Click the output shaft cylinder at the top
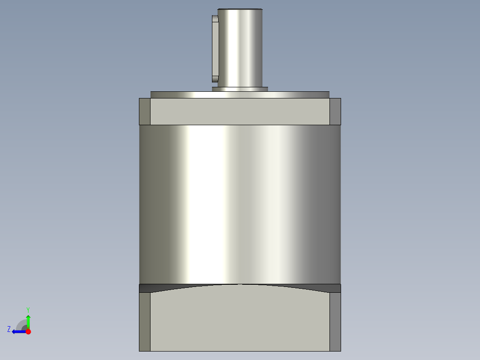click(x=240, y=49)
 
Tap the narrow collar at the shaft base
click(x=240, y=89)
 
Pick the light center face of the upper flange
click(x=240, y=112)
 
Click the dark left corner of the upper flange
click(x=145, y=112)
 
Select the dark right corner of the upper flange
click(x=335, y=112)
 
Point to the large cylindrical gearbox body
click(x=240, y=205)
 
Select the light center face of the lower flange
click(x=240, y=321)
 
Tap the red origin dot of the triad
click(x=28, y=331)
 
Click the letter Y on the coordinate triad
click(x=28, y=309)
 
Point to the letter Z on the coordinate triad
click(x=9, y=329)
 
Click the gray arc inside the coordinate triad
click(x=21, y=324)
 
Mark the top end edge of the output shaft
click(x=240, y=9)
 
